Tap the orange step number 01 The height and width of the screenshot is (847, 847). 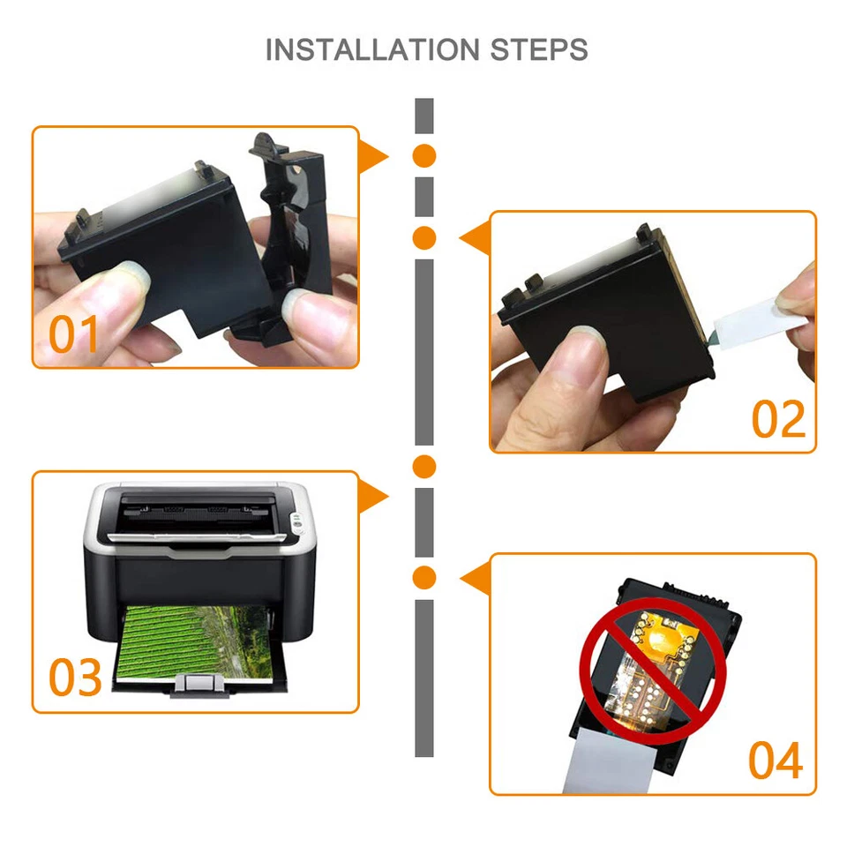74,334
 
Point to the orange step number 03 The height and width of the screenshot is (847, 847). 76,678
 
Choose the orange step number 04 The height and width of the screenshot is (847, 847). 776,761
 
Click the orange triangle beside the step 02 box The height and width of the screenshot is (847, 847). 475,237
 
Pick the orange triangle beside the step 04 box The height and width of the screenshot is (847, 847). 475,579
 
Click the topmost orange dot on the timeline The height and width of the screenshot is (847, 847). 424,156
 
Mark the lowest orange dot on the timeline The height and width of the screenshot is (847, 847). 424,577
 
